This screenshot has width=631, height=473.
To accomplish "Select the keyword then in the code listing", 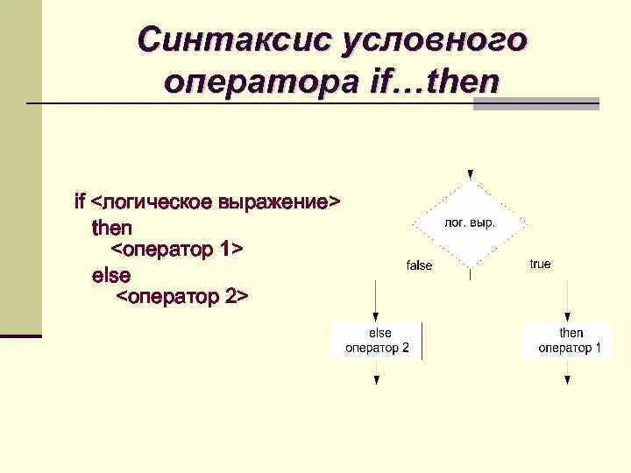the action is coord(112,228).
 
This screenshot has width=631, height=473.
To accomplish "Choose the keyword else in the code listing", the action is coord(111,275).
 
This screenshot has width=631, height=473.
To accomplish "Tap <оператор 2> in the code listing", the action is coord(183,297).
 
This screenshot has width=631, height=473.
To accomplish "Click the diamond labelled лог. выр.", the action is coord(471,223).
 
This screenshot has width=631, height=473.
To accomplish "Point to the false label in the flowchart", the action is coord(420,265).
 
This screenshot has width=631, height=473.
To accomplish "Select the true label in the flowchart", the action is coord(541,264).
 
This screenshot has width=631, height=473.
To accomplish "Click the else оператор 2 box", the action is coord(377,340).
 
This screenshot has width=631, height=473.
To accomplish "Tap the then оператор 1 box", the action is coord(570,340).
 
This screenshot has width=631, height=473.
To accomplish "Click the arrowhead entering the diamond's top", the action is coord(471,175).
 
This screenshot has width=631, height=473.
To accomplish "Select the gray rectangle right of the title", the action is coord(535,103).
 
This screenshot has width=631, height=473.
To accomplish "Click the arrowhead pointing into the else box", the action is coord(377,317).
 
